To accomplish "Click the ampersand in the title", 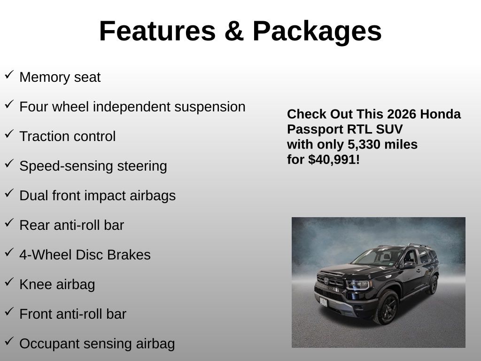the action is (234, 31).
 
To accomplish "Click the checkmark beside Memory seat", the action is (9, 75).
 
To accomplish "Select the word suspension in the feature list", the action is (210, 107).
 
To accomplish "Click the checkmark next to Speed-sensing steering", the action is (9, 163).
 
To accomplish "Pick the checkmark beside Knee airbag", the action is (9, 282).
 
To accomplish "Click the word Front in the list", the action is (36, 314).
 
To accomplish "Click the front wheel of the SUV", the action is (387, 307).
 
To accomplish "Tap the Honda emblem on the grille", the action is (326, 281).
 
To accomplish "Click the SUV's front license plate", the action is (323, 302).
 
